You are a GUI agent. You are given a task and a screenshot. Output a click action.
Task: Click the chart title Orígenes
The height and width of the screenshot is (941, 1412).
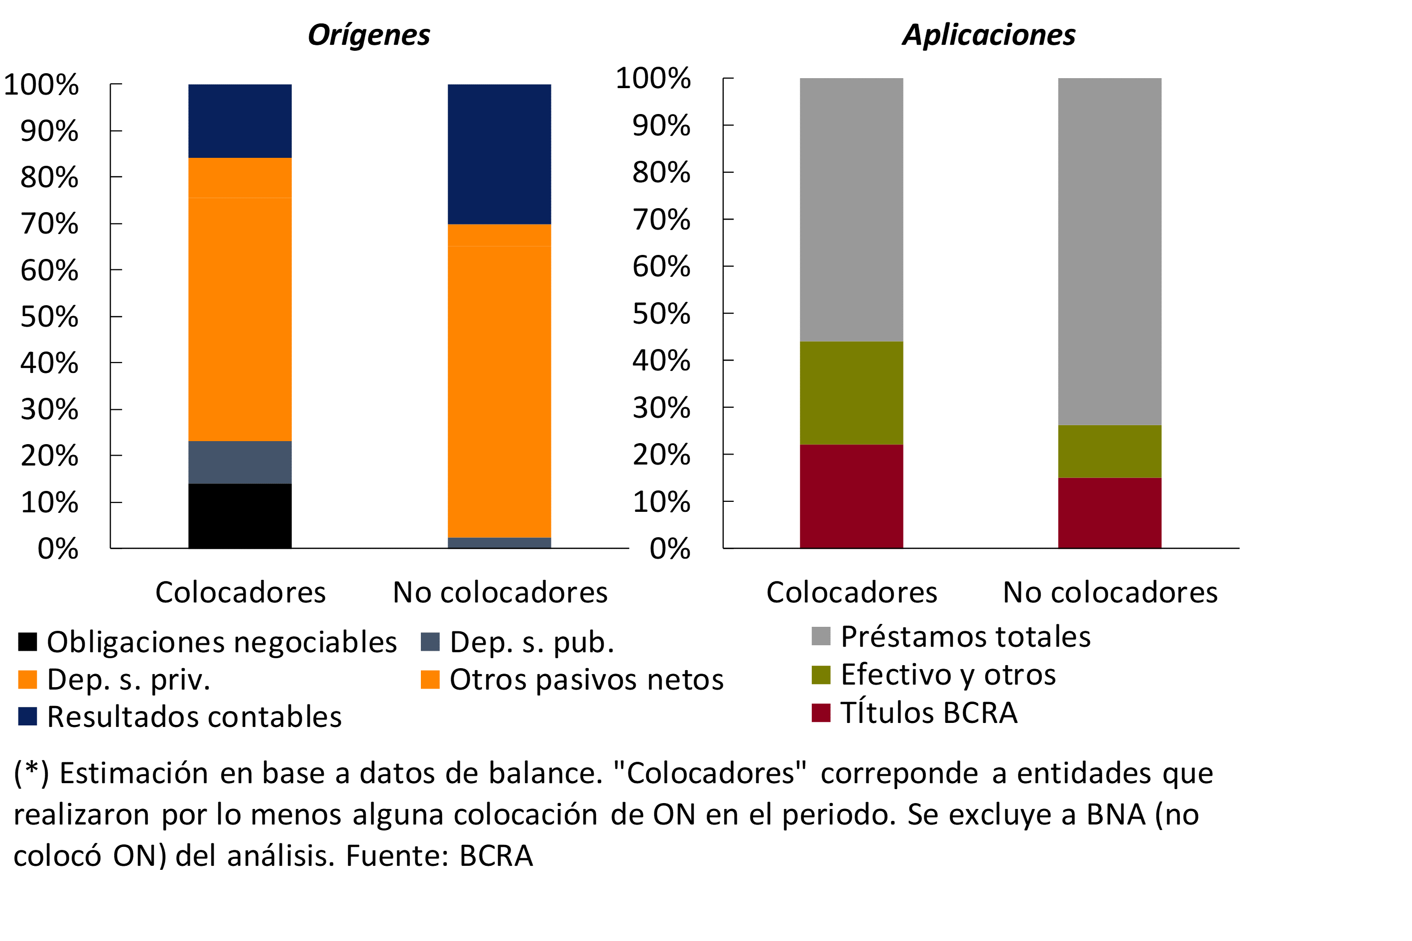pyautogui.click(x=369, y=35)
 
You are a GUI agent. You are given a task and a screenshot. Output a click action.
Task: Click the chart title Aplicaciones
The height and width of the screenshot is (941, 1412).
pyautogui.click(x=989, y=35)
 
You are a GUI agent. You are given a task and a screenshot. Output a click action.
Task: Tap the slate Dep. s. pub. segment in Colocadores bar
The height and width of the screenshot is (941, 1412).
pyautogui.click(x=240, y=462)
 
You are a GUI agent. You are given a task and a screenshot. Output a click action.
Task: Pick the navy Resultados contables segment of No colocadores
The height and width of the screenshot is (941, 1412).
pyautogui.click(x=499, y=154)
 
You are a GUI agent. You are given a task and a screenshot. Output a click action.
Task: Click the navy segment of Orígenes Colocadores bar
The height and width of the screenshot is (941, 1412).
pyautogui.click(x=240, y=120)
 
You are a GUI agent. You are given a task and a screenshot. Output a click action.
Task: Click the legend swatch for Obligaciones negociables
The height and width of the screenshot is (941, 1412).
pyautogui.click(x=27, y=642)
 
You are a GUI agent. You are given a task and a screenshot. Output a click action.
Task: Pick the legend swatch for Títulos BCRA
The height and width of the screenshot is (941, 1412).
pyautogui.click(x=821, y=712)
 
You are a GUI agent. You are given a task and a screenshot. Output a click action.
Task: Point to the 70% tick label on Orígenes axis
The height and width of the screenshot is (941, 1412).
pyautogui.click(x=49, y=224)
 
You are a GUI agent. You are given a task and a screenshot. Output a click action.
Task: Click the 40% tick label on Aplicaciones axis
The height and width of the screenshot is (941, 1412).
pyautogui.click(x=661, y=360)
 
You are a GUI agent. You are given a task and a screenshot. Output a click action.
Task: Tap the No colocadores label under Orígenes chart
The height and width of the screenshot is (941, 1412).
pyautogui.click(x=500, y=592)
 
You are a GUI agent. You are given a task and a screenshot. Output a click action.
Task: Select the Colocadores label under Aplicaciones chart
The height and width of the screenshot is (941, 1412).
pyautogui.click(x=851, y=592)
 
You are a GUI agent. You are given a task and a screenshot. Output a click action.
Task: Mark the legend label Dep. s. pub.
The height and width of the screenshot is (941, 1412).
pyautogui.click(x=532, y=642)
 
